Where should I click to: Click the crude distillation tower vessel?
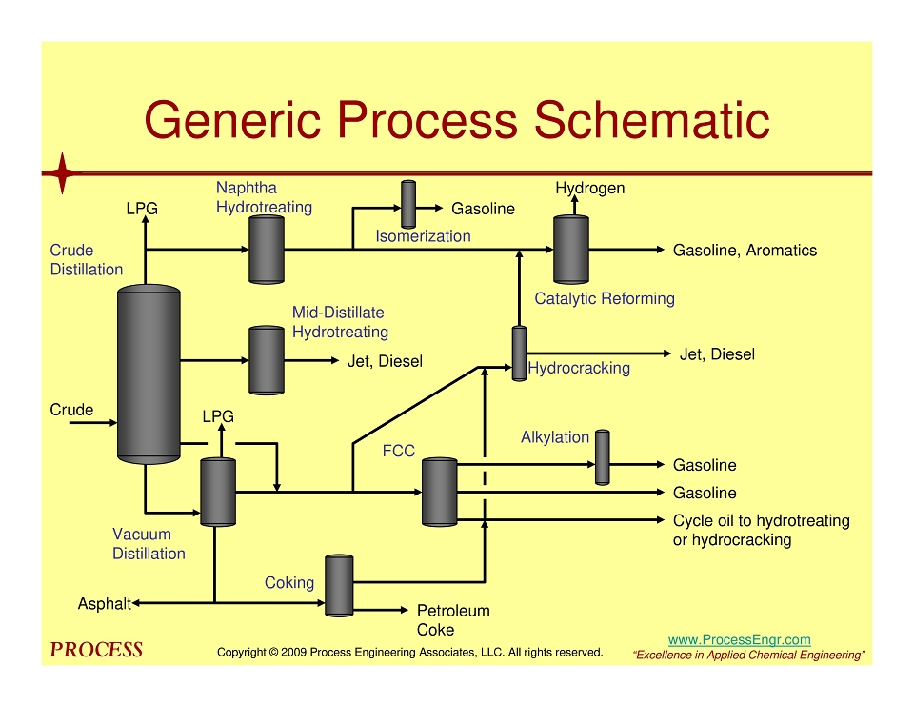tap(149, 374)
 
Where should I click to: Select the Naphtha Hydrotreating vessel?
tap(267, 250)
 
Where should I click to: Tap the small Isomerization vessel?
tap(408, 204)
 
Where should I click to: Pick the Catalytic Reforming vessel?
tap(570, 250)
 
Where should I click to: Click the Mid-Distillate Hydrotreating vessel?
tap(267, 360)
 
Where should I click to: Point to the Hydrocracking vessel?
tap(519, 353)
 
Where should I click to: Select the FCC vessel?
tap(439, 493)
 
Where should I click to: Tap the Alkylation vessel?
tap(602, 457)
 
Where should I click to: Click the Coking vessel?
tap(339, 586)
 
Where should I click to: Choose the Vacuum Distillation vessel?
tap(218, 493)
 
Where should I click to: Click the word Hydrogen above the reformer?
tap(590, 189)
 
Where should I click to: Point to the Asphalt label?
tap(105, 604)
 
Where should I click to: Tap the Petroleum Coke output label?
tap(453, 620)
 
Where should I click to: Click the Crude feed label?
tap(71, 410)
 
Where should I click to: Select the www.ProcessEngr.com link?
tap(739, 640)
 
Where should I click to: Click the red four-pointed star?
tap(63, 173)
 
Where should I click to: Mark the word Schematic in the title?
tap(652, 120)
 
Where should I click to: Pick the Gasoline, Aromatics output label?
tap(745, 251)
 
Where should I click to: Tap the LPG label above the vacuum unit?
tap(218, 416)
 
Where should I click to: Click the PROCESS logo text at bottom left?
tap(96, 650)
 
